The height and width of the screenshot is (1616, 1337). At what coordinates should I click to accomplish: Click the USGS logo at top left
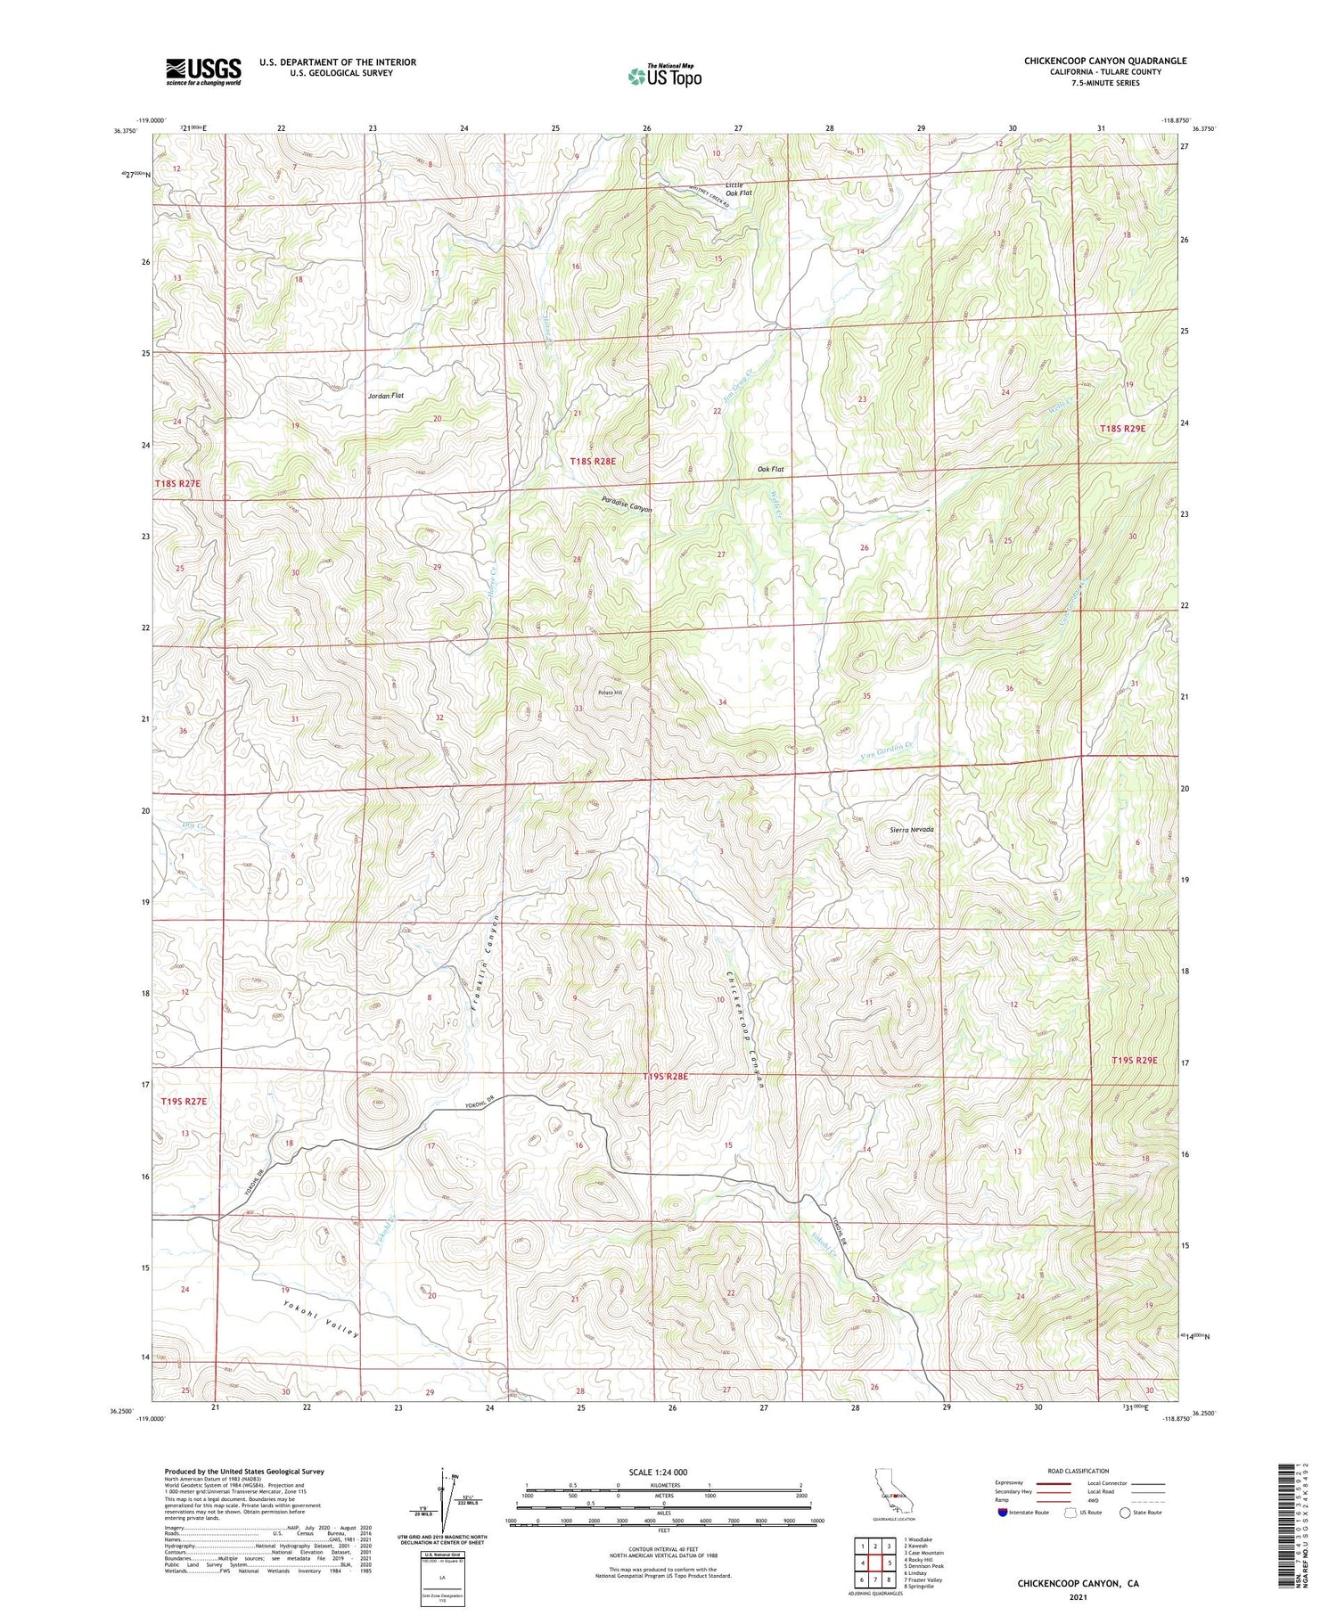click(x=203, y=71)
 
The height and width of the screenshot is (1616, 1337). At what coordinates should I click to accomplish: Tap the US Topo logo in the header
click(x=664, y=77)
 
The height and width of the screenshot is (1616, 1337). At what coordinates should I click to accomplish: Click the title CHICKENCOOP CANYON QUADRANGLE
click(x=1104, y=61)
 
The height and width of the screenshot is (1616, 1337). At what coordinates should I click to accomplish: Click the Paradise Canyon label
click(x=627, y=504)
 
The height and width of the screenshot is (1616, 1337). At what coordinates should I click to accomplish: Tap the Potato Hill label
click(x=610, y=693)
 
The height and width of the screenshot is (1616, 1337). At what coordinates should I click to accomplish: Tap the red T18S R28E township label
click(x=593, y=462)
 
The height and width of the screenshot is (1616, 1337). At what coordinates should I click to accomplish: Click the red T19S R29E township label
click(x=1134, y=1060)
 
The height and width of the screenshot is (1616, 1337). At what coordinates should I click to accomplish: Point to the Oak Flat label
click(x=770, y=469)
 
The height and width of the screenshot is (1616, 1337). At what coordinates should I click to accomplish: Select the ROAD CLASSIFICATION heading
click(x=1078, y=1471)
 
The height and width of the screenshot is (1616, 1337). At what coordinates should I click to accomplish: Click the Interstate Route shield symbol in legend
click(x=1002, y=1513)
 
